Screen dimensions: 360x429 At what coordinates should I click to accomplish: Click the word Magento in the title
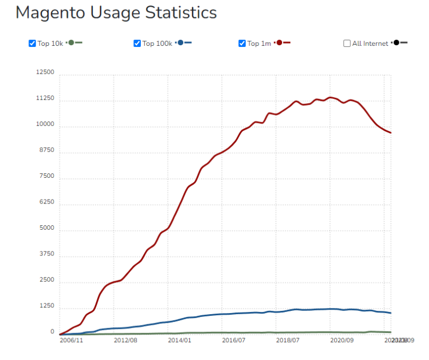pos(50,12)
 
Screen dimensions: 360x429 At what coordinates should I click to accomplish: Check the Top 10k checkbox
pos(32,43)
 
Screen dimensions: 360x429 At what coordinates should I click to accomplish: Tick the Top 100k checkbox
pos(137,43)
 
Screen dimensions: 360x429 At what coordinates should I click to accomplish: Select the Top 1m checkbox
pos(242,43)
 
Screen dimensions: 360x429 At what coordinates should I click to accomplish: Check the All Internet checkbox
pos(347,43)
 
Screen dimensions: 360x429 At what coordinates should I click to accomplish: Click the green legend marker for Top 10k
pos(71,42)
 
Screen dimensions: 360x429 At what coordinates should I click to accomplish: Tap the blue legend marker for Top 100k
pos(180,42)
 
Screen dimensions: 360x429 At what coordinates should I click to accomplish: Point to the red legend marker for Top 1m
pos(279,42)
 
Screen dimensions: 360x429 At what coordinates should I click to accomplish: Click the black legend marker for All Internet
pos(396,42)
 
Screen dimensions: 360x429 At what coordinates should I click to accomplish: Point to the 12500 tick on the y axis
pos(45,73)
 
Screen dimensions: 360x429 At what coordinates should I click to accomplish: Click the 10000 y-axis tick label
pos(45,125)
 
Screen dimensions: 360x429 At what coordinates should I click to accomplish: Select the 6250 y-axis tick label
pos(46,202)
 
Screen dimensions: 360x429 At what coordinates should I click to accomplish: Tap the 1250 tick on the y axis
pos(46,306)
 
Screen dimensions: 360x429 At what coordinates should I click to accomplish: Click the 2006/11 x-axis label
pos(71,339)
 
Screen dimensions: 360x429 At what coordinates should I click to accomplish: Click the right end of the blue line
pos(390,313)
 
